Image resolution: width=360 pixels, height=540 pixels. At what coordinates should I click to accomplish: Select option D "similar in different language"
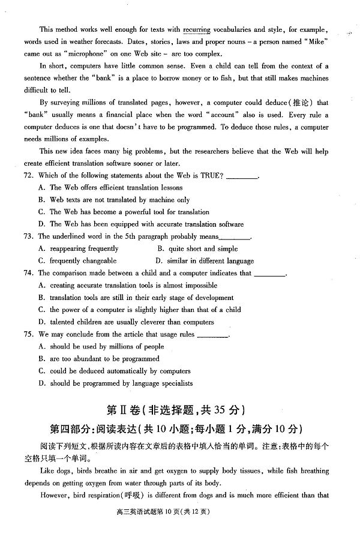(204, 261)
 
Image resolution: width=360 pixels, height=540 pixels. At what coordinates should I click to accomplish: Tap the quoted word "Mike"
(311, 42)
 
